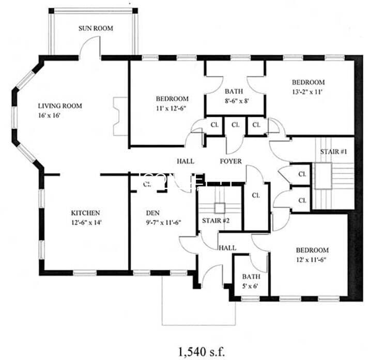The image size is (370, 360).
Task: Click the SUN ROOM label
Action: (x=96, y=28)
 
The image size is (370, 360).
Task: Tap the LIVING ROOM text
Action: (x=59, y=106)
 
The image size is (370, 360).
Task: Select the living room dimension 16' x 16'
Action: (x=50, y=116)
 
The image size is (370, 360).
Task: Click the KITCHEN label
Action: (x=85, y=213)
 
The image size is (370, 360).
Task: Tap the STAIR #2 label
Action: (x=216, y=221)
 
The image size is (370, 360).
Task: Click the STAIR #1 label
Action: (x=334, y=152)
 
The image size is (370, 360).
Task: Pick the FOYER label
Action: (x=230, y=161)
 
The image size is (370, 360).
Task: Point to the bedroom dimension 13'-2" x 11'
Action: (x=308, y=92)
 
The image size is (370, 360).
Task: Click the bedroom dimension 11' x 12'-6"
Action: (x=172, y=108)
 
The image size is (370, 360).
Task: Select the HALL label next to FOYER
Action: (x=185, y=161)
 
